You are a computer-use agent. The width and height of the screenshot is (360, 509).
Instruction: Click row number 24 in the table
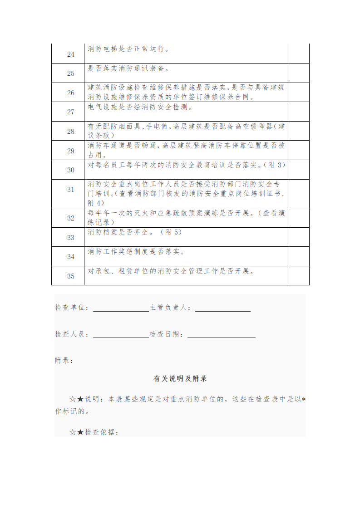[x=71, y=54]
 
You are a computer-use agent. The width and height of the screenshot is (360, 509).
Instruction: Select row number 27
[x=71, y=112]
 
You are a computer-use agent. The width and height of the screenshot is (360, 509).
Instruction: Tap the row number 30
[x=71, y=170]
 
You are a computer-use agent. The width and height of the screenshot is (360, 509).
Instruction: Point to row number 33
[x=71, y=237]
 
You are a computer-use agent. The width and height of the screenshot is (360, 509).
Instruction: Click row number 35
[x=71, y=276]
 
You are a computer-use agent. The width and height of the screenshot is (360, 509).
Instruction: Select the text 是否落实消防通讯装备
[x=128, y=69]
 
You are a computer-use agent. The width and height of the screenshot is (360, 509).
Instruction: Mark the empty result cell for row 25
[x=299, y=73]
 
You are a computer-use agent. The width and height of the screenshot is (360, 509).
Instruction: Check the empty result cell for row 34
[x=299, y=256]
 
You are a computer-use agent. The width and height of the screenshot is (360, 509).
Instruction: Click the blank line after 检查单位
[x=121, y=308]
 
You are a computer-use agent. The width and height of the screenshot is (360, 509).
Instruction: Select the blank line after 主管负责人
[x=222, y=308]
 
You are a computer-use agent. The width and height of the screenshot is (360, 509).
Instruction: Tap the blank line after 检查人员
[x=121, y=335]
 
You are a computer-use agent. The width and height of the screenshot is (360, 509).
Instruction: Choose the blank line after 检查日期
[x=221, y=335]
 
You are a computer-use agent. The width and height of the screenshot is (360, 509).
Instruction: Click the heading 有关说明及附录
[x=180, y=378]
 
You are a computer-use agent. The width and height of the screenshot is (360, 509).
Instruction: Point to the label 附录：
[x=64, y=361]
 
